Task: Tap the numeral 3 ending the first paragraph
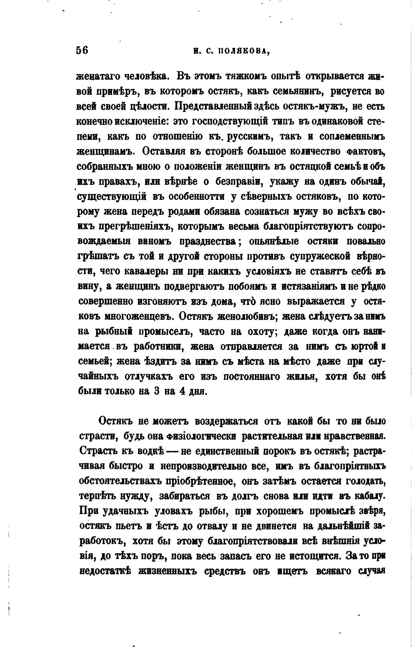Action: pos(156,391)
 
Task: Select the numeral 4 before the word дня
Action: pos(181,391)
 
